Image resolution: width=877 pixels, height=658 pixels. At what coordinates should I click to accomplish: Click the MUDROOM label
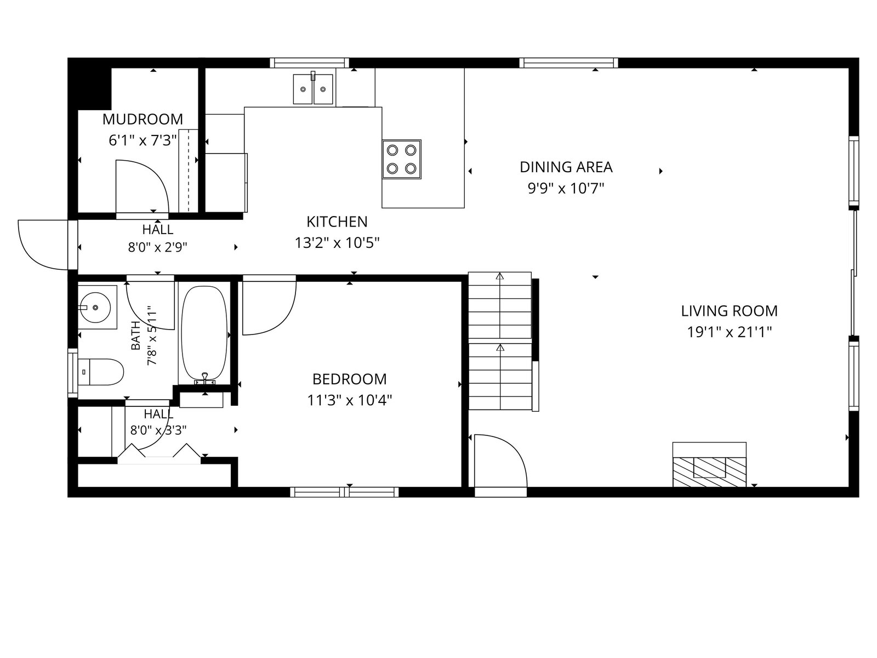tap(143, 119)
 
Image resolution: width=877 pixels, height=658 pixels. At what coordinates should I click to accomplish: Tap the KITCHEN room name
tap(337, 222)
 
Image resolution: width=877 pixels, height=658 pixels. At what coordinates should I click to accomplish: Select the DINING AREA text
tap(566, 167)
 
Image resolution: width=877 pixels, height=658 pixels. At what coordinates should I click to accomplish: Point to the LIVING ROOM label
tap(729, 311)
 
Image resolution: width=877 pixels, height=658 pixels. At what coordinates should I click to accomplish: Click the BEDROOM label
tap(349, 379)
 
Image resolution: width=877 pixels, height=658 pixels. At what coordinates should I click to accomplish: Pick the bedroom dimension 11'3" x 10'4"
tap(349, 400)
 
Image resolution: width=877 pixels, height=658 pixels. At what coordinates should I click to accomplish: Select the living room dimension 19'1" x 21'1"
tap(729, 332)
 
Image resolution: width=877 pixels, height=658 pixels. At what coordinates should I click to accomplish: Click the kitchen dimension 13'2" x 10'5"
tap(337, 242)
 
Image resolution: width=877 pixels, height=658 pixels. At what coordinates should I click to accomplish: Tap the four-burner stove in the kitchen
tap(402, 159)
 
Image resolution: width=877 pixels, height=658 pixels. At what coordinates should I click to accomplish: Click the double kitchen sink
tap(313, 89)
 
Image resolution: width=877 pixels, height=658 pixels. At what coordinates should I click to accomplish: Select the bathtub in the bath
tap(204, 333)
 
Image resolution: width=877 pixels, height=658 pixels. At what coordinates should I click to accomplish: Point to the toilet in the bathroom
tap(100, 372)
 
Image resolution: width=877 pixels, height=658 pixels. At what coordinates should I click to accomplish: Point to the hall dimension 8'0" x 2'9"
tap(157, 248)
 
